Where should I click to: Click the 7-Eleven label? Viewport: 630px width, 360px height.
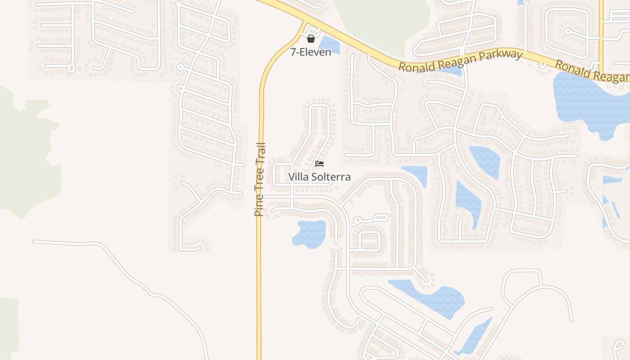coord(310,52)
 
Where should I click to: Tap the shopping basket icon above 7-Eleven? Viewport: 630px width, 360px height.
coord(310,39)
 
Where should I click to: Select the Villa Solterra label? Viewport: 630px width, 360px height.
coord(319,177)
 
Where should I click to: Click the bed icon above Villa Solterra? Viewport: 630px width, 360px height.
coord(319,163)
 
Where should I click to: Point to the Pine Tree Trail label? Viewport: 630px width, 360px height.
coord(260,179)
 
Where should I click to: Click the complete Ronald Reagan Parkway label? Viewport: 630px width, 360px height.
coord(461,61)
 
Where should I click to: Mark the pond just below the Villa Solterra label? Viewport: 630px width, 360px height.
coord(309,233)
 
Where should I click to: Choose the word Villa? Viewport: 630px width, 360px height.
coord(298,177)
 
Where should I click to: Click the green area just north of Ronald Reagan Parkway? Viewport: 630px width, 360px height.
coord(382,18)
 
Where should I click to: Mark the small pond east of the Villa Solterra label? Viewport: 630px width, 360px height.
coord(416,174)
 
